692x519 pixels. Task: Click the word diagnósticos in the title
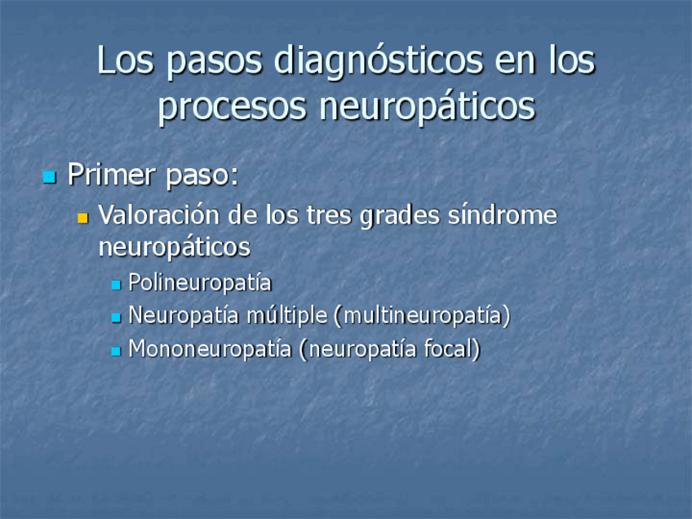378,61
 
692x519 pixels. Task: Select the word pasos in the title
214,63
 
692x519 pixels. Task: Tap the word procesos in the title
232,108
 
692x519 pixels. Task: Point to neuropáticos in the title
427,106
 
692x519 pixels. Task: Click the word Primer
112,175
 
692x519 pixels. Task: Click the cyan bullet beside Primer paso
50,177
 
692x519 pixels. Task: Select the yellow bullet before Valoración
82,218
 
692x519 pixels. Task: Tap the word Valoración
159,215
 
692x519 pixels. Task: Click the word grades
400,217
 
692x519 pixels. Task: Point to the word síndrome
503,215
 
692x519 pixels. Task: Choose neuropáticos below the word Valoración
175,247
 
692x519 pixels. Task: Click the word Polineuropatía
199,283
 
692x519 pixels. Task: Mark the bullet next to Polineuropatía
116,285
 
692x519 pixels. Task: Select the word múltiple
287,316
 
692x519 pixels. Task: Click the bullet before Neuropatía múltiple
116,317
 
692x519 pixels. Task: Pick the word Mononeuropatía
210,349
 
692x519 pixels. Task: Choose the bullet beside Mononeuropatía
116,351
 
